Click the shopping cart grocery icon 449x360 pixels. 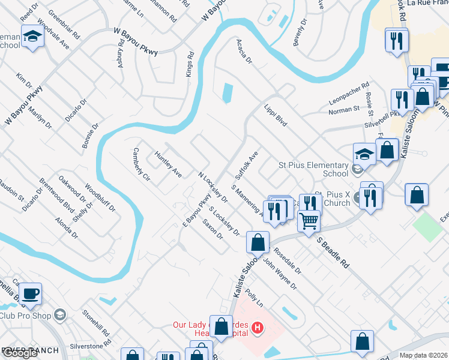(x=309, y=220)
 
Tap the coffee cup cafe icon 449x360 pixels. (x=30, y=293)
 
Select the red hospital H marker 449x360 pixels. (x=258, y=328)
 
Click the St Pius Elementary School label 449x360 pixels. (x=314, y=169)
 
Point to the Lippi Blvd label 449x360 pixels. (x=276, y=114)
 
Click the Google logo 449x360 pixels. (x=20, y=353)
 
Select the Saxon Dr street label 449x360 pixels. (x=212, y=228)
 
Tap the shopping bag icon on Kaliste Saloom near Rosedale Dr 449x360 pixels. (x=258, y=242)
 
